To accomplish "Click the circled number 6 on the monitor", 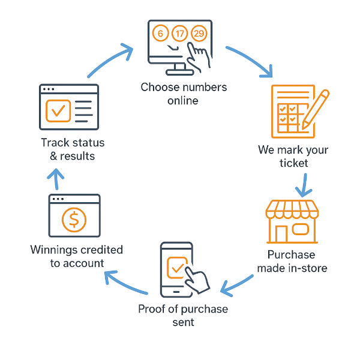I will click(x=160, y=34).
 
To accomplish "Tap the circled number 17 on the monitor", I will click(x=179, y=34).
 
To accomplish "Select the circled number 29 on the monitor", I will click(x=199, y=34).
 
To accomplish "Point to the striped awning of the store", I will click(x=292, y=209).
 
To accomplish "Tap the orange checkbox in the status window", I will click(x=58, y=111).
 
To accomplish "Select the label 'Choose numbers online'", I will click(x=184, y=94).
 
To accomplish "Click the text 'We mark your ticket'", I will click(x=293, y=156).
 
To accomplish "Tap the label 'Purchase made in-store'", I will click(x=292, y=261).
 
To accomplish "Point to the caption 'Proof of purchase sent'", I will click(x=183, y=315).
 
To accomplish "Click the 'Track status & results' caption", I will click(x=73, y=149).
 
